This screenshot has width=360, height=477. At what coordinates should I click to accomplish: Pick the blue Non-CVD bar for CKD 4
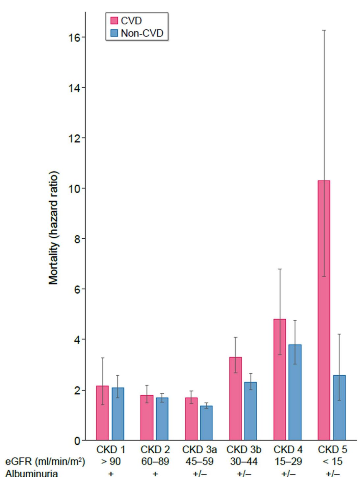point(295,392)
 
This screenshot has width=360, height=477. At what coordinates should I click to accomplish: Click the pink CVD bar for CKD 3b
point(235,398)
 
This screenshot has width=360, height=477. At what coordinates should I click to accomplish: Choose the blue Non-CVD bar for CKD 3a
point(206,423)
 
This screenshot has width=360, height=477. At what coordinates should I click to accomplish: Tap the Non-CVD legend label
point(142,33)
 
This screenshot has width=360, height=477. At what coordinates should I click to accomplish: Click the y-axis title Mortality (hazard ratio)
point(54,228)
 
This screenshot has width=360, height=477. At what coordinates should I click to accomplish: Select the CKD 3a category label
point(199,450)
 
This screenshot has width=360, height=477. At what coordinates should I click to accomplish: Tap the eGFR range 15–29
point(288,462)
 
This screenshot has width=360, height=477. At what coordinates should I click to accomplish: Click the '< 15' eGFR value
point(332,462)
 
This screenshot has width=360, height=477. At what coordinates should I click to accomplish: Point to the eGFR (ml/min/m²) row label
point(45,462)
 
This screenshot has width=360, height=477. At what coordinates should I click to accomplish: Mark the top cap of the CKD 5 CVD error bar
point(324,30)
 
